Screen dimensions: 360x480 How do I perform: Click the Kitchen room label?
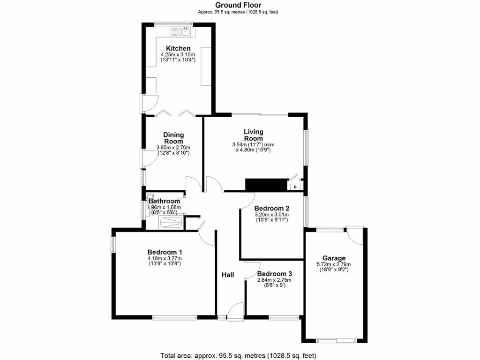pos(178,48)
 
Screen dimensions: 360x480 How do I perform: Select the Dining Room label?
pos(173,138)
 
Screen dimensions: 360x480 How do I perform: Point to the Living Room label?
pos(254,135)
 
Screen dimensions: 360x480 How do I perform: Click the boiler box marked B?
pos(295,187)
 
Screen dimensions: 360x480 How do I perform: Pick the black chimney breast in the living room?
pos(266,185)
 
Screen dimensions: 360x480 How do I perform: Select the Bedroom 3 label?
pos(274,274)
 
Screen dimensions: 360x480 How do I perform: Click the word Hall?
pos(228,275)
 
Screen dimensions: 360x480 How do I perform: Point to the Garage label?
pos(334,258)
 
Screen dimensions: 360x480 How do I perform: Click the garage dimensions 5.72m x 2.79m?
pos(334,264)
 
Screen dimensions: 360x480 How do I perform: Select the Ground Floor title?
pos(238,5)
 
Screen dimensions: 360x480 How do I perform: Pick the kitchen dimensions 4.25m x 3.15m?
pos(178,55)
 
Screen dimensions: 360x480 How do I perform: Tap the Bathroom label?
pos(165,202)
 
